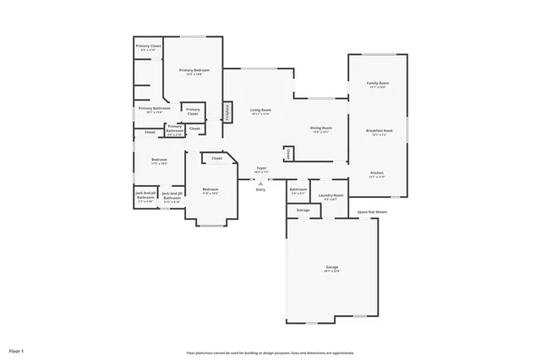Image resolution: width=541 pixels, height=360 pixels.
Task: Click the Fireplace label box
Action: (x=227, y=112)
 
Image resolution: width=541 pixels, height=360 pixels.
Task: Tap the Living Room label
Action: (x=260, y=111)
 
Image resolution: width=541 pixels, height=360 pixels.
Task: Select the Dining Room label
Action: (x=322, y=128)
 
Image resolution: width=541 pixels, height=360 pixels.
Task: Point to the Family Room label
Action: (x=377, y=84)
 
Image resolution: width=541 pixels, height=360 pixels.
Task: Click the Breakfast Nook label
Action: (x=379, y=131)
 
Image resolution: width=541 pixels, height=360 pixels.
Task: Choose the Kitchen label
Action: (x=377, y=172)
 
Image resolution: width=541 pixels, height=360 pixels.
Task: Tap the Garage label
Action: (x=320, y=266)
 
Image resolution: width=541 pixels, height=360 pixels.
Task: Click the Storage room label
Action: (x=303, y=210)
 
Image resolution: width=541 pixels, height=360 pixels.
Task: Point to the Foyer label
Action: (x=260, y=169)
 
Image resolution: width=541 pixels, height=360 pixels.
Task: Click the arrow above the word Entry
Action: (x=260, y=180)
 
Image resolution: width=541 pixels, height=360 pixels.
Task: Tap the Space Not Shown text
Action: (x=372, y=212)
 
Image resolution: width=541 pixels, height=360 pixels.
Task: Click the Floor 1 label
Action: (x=17, y=350)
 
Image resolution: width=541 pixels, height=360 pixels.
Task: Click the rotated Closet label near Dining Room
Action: (x=288, y=154)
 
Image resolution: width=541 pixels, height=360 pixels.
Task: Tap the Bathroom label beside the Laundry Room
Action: (x=298, y=190)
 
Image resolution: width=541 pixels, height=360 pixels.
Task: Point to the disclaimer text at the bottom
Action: (x=270, y=352)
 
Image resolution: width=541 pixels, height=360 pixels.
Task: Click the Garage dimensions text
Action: (x=320, y=271)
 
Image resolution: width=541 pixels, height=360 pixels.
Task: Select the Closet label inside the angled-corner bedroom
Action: (x=216, y=158)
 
